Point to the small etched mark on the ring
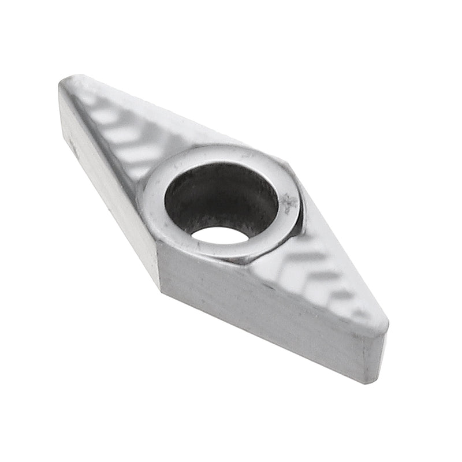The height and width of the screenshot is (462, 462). pyautogui.click(x=288, y=203)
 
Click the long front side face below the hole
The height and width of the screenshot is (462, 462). pyautogui.click(x=260, y=312)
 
